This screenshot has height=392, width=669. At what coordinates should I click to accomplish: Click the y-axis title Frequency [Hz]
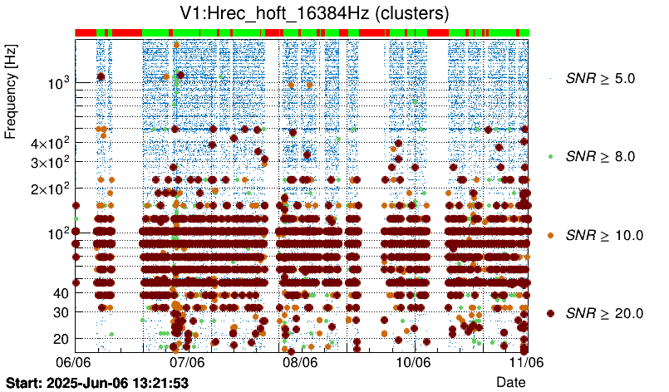click(x=11, y=92)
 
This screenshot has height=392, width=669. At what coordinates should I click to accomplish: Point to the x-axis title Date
click(x=510, y=381)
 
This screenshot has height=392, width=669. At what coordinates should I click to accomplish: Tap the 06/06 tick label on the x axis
click(x=73, y=362)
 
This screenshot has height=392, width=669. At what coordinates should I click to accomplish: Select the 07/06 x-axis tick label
click(x=187, y=362)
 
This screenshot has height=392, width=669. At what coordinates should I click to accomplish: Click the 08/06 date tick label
click(x=300, y=362)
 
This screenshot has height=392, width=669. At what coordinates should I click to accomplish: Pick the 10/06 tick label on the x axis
click(x=413, y=362)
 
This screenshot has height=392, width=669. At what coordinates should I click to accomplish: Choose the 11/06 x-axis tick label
click(x=526, y=362)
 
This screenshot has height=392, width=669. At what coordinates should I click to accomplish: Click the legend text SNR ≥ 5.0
click(x=600, y=79)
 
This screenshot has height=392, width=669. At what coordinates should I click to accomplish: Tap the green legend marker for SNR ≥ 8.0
click(x=550, y=156)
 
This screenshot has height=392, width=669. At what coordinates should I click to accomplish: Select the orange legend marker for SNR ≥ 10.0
click(x=550, y=235)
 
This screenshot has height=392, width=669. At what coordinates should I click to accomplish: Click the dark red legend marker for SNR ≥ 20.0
click(x=550, y=313)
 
